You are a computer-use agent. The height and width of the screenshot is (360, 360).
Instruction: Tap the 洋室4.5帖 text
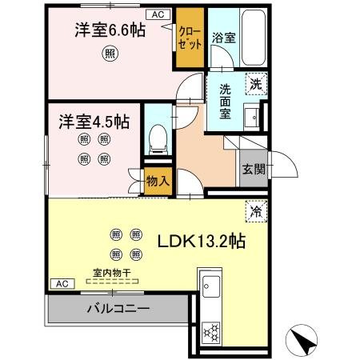(93, 122)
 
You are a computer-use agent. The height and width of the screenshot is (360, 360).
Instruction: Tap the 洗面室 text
(226, 101)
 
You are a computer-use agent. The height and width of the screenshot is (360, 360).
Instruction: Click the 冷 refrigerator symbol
(256, 212)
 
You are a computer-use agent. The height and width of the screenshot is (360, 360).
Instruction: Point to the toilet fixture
(158, 139)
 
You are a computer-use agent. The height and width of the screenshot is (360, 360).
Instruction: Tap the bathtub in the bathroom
(251, 39)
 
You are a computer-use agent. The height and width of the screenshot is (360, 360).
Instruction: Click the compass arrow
(304, 342)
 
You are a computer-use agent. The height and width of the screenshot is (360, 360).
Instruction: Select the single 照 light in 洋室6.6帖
(108, 54)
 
